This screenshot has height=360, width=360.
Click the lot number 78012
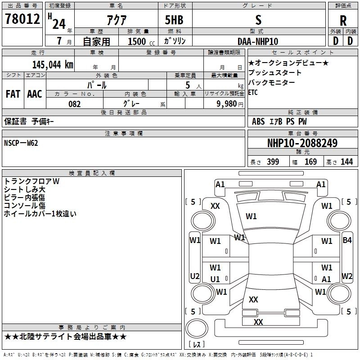(22, 18)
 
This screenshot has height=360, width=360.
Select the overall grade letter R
(343, 21)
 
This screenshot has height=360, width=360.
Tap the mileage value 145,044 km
(53, 65)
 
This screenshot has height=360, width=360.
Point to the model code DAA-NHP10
(258, 41)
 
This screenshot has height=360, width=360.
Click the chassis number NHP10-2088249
(302, 143)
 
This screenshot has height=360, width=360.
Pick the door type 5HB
(174, 20)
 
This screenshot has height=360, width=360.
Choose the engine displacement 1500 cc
(141, 41)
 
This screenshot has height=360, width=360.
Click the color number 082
(75, 104)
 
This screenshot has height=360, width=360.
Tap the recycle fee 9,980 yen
(230, 104)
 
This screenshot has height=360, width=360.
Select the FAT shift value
(13, 94)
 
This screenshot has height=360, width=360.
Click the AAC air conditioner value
(35, 94)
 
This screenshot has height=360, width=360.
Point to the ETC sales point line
(253, 93)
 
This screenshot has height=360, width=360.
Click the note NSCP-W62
(21, 143)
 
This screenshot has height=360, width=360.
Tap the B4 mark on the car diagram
(347, 240)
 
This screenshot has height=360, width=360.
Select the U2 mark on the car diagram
(195, 276)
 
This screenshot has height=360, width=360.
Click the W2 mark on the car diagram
(347, 276)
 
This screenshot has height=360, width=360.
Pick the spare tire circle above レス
(197, 328)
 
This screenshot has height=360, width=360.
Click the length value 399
(273, 162)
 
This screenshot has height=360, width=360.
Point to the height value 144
(346, 162)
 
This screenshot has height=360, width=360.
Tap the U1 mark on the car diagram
(215, 279)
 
